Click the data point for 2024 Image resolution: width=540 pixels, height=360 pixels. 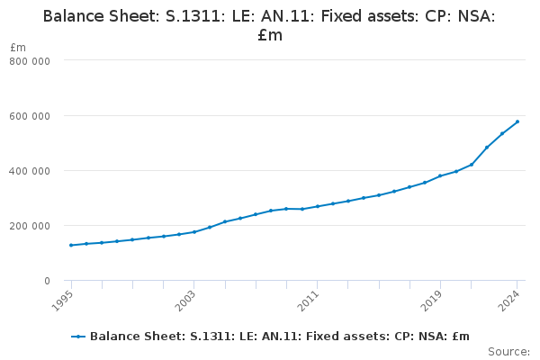(x=517, y=121)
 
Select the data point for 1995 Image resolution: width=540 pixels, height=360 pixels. (x=71, y=246)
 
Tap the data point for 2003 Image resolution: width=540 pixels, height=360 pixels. (x=194, y=232)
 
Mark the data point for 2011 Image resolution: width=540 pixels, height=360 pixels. (x=317, y=206)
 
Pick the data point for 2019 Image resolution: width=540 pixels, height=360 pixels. (x=440, y=175)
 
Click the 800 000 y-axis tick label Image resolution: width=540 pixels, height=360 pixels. (x=30, y=61)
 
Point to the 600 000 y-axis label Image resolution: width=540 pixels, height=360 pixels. (x=30, y=116)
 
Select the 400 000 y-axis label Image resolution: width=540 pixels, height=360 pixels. (x=30, y=171)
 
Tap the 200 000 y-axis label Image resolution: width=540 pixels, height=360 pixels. (x=30, y=226)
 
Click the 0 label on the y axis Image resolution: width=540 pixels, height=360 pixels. (x=47, y=281)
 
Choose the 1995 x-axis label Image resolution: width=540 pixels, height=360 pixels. (x=62, y=301)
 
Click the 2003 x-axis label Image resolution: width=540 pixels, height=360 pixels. (x=185, y=301)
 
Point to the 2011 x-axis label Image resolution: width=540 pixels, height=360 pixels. (x=308, y=301)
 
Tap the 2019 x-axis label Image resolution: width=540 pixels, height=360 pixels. (x=431, y=301)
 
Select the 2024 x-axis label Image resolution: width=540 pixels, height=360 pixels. (x=508, y=301)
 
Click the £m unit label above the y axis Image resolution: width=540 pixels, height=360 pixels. (x=18, y=47)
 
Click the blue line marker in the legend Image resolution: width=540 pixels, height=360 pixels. (x=78, y=337)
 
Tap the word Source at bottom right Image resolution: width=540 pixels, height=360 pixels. (x=508, y=352)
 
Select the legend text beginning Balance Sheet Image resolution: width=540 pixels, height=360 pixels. (x=280, y=337)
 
